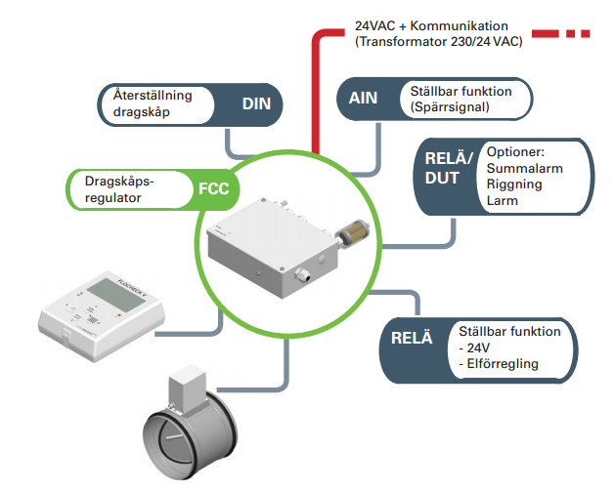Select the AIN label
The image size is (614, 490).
click(364, 98)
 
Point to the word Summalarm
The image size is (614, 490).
click(523, 170)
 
